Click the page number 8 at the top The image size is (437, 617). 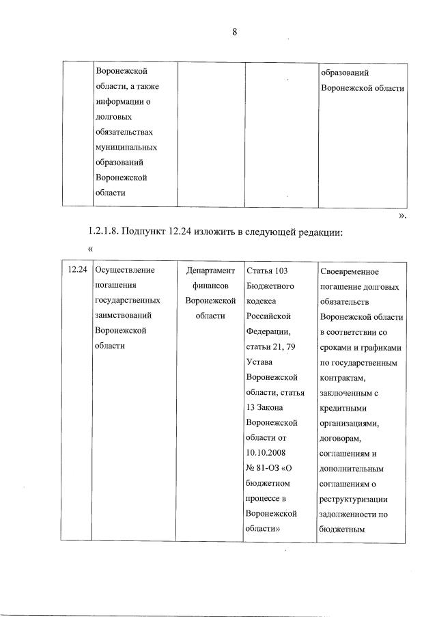[234, 32]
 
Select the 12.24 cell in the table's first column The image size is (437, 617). [76, 270]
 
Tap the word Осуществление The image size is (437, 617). [126, 270]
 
